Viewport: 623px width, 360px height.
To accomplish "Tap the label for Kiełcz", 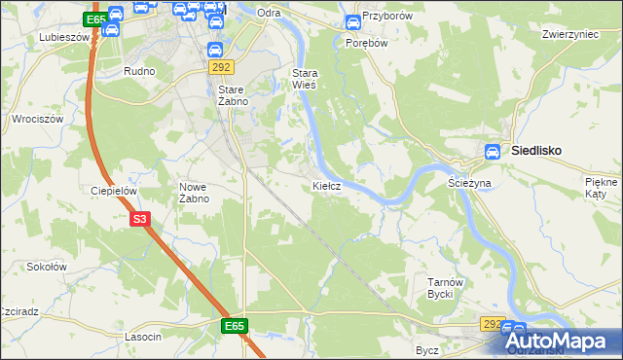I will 326,185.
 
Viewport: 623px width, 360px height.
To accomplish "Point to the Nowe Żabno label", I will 195,192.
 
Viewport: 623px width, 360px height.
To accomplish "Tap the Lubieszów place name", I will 63,37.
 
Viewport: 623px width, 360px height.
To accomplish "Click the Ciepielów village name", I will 112,192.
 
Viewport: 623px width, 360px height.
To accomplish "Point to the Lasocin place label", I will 143,336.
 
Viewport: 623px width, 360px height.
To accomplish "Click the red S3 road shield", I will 140,220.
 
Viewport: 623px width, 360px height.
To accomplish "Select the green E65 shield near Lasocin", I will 234,326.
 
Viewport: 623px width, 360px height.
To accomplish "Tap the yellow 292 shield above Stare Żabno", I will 220,66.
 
